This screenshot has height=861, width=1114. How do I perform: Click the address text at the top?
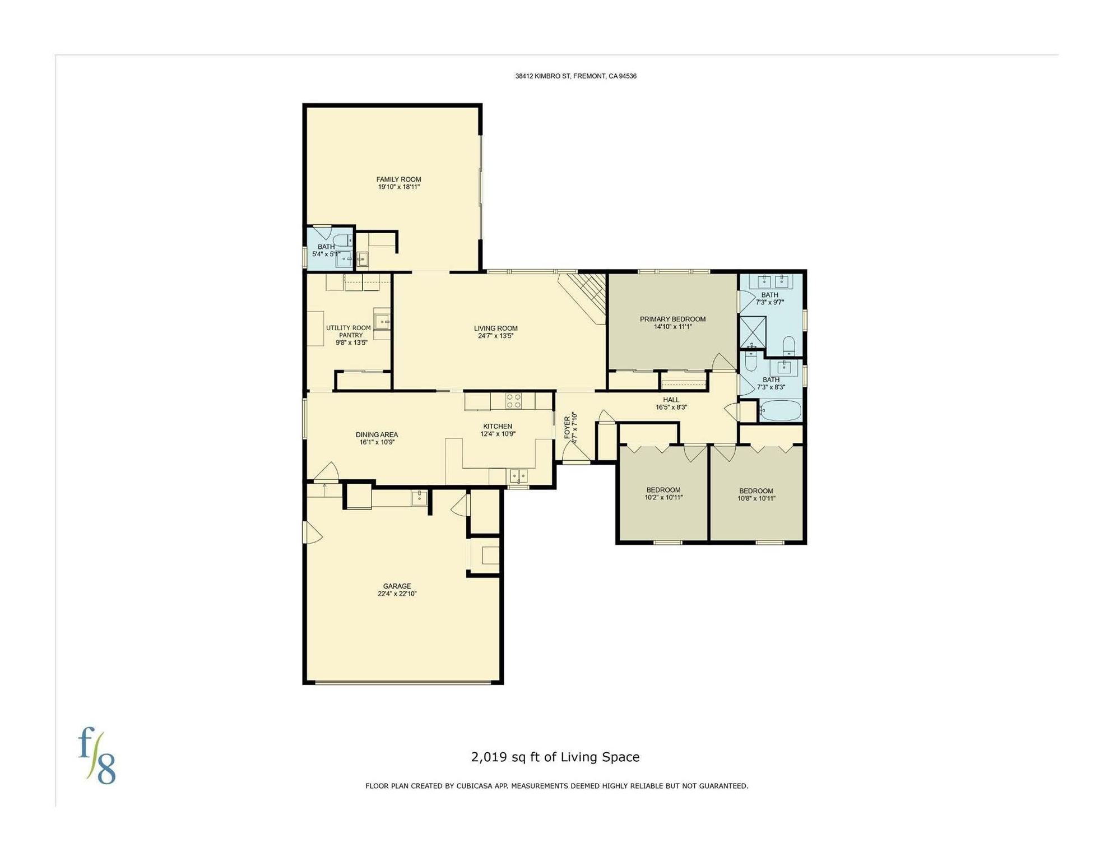click(575, 76)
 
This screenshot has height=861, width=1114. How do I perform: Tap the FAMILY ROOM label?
click(398, 179)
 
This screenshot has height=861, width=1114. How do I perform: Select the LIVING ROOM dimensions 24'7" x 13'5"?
click(495, 336)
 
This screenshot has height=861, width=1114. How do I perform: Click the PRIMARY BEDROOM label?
click(672, 319)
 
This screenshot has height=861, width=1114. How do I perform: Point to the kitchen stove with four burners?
click(514, 401)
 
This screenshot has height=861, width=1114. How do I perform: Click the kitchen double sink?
click(518, 476)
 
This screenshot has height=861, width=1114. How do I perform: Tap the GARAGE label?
click(397, 586)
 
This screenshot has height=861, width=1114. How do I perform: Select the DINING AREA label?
click(377, 434)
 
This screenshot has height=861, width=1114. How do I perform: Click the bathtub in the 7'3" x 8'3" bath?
click(781, 410)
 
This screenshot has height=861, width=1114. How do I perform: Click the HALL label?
click(671, 400)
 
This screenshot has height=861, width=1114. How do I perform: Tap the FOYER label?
click(567, 427)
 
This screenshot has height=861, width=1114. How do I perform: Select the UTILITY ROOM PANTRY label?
click(349, 331)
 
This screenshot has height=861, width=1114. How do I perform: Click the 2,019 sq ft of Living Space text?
click(555, 757)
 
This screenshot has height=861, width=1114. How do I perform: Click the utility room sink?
click(382, 322)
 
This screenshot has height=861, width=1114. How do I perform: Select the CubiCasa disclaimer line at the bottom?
click(557, 786)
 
